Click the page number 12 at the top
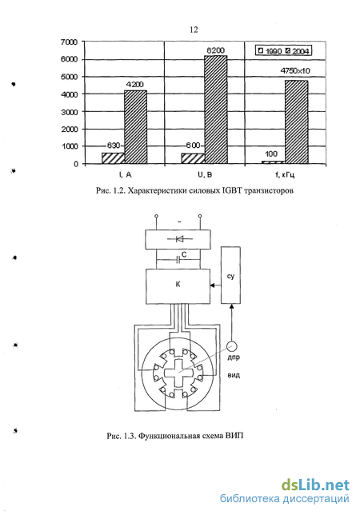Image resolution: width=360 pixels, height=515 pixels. point(194,30)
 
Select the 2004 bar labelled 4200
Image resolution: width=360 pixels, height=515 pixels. point(136,127)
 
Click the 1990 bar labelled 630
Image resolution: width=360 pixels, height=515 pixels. point(113,158)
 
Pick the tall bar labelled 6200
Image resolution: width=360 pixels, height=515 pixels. point(216,110)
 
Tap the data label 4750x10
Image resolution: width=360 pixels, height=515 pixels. point(295,70)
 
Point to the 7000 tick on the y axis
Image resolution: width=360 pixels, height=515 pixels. point(70,42)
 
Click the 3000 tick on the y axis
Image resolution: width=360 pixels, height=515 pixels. point(70,112)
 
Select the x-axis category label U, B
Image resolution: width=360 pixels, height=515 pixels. point(205,174)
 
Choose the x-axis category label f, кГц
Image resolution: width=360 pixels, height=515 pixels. point(285,174)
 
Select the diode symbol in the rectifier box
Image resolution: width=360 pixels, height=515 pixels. point(179,239)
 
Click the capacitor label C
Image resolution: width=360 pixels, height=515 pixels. point(184,255)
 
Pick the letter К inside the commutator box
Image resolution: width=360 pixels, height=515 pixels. point(178,284)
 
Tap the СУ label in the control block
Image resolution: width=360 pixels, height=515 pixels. point(230,276)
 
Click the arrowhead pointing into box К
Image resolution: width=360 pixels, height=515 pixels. point(213,285)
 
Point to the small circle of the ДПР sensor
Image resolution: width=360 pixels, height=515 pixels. point(232,345)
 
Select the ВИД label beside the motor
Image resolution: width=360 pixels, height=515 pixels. point(234,375)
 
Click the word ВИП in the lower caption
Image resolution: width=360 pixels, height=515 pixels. point(234,436)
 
